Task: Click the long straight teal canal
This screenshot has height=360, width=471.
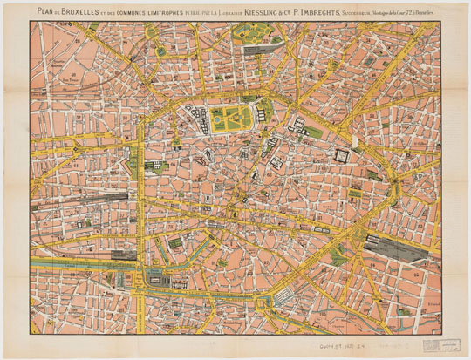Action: pyautogui.click(x=78, y=259)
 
